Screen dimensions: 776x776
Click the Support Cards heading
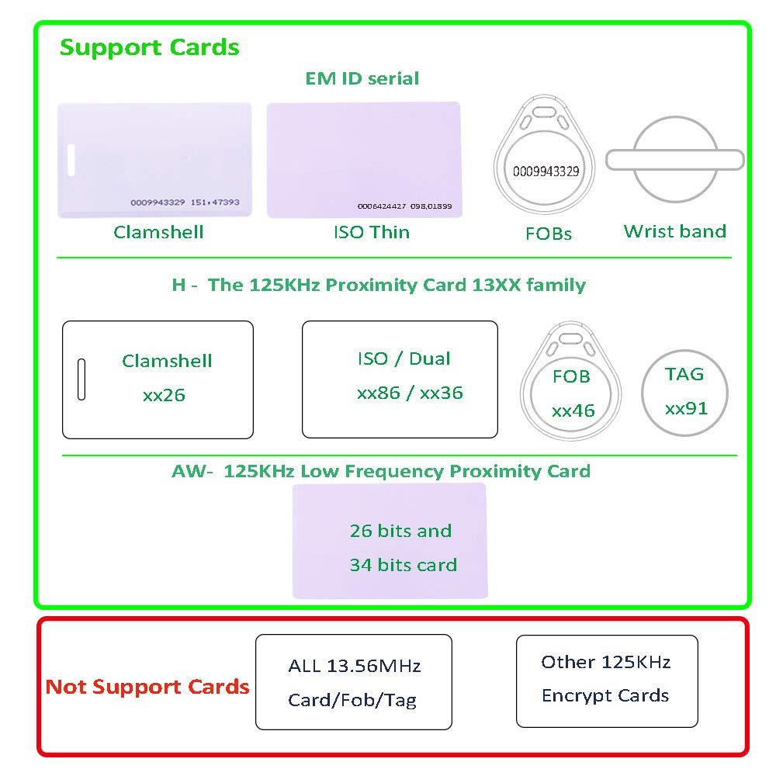(x=149, y=47)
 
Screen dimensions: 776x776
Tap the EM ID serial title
(x=362, y=78)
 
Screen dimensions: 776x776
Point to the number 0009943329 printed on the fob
(x=542, y=171)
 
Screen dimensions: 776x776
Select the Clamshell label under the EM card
(x=158, y=232)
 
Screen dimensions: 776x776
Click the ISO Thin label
(x=371, y=232)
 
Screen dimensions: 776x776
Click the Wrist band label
(x=674, y=231)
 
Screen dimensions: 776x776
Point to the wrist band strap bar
(x=674, y=160)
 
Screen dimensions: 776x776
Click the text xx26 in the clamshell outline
(x=164, y=395)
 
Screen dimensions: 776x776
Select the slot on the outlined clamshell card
(x=81, y=379)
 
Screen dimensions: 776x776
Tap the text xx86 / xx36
(x=410, y=393)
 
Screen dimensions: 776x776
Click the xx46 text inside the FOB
(x=573, y=411)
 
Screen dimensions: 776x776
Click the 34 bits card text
(x=403, y=565)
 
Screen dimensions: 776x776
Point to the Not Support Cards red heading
(x=147, y=687)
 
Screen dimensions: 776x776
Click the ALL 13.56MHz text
(x=354, y=666)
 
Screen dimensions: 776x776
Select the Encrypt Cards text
(x=605, y=695)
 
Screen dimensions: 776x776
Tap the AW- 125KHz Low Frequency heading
(x=381, y=471)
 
